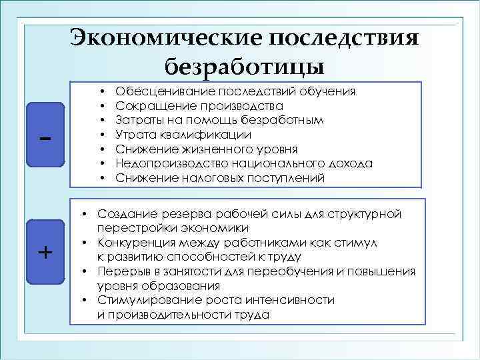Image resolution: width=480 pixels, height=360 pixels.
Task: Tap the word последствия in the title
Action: [345, 37]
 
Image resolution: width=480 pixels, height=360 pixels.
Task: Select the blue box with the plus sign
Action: [44, 251]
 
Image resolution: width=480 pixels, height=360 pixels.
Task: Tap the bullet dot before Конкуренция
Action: [87, 243]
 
